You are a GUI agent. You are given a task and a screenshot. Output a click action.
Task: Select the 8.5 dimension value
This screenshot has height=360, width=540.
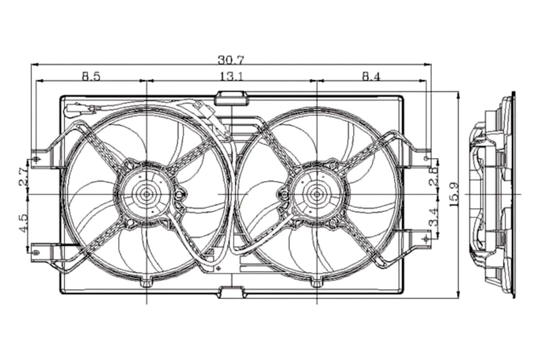(91, 76)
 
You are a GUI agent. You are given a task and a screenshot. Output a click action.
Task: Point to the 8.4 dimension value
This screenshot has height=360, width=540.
(371, 76)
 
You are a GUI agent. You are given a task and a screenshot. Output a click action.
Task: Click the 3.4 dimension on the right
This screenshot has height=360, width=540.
(433, 215)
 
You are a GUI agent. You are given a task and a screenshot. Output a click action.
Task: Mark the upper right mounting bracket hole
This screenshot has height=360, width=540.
(426, 161)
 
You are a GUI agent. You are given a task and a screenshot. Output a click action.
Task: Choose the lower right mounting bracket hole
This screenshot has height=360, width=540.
(426, 239)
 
